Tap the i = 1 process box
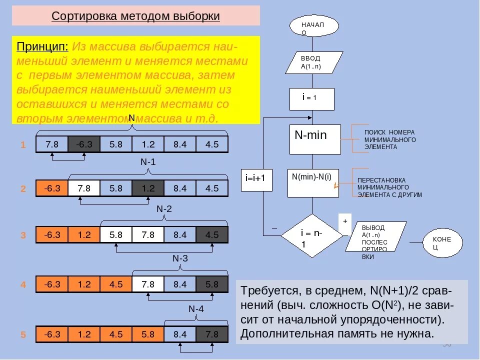click(312, 98)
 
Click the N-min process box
click(315, 139)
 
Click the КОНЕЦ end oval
click(442, 242)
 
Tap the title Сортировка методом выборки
click(136, 16)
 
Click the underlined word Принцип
click(42, 46)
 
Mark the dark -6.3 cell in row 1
click(84, 144)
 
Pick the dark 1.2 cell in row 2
click(148, 188)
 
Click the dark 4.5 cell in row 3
click(212, 234)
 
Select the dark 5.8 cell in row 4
click(212, 284)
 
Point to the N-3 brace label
click(180, 258)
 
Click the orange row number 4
click(23, 285)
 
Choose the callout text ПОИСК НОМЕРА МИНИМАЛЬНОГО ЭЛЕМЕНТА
click(390, 139)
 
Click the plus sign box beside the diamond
click(344, 223)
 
